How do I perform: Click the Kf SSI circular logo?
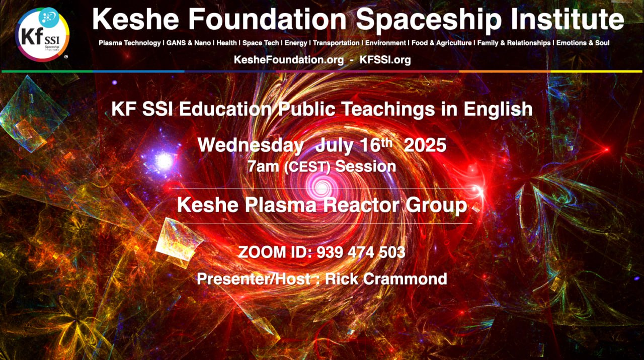pos(42,35)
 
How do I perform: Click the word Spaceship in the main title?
pos(429,20)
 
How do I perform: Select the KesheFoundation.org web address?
pos(289,60)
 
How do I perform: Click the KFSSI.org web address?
pos(385,60)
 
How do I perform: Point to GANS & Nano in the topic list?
pos(189,43)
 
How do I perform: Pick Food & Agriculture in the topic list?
pos(442,43)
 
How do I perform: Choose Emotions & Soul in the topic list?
pos(583,43)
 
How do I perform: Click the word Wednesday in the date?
pos(251,145)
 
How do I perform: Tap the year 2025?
pos(425,145)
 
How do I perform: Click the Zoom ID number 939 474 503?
pos(361,252)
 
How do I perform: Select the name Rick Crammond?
pos(386,279)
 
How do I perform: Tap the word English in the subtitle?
pos(498,110)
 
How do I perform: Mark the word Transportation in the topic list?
pos(336,43)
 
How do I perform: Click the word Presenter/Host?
pos(253,279)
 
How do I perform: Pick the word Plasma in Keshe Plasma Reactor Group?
pos(281,205)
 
